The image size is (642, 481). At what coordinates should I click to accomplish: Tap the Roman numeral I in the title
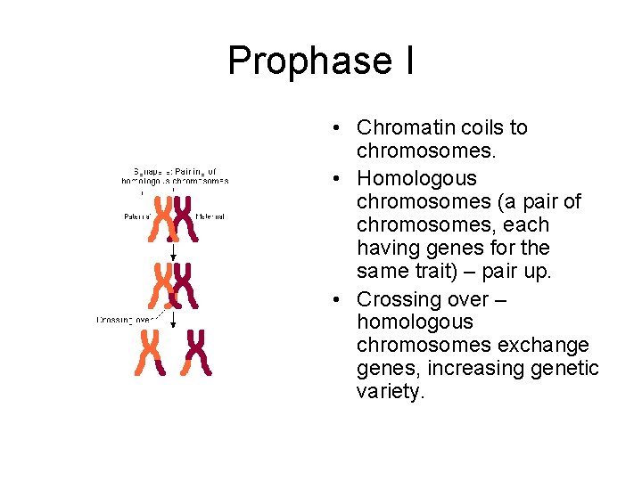click(407, 60)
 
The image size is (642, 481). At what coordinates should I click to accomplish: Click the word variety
click(388, 391)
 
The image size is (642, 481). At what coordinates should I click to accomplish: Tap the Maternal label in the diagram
click(210, 216)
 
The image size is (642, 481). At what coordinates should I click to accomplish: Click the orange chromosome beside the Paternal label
click(163, 219)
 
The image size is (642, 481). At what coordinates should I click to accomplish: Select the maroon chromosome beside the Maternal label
click(185, 219)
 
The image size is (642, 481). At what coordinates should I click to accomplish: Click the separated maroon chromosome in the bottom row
click(195, 352)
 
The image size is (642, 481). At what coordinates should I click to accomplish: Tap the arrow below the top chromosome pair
click(173, 252)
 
